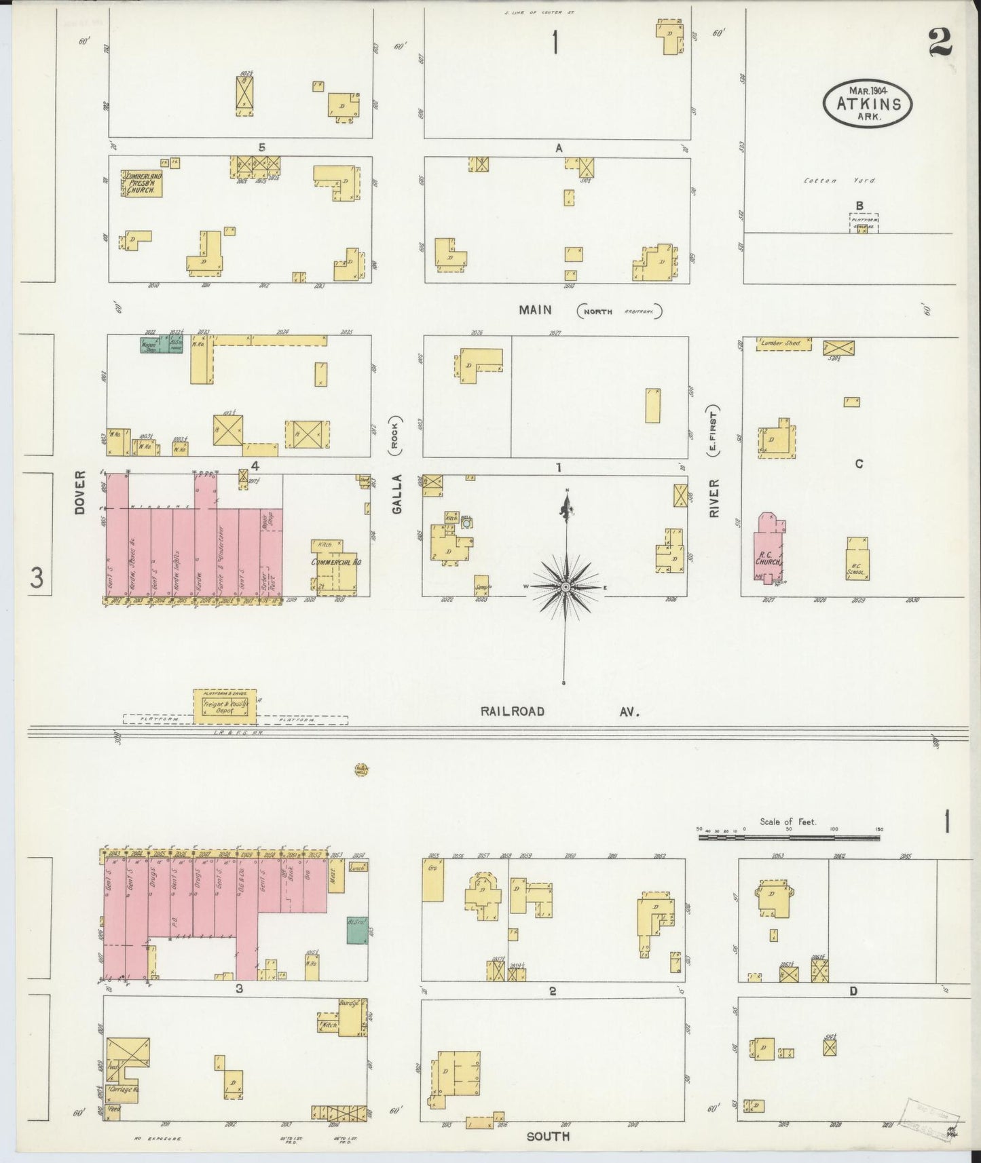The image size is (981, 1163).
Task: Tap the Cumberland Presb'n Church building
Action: point(142,183)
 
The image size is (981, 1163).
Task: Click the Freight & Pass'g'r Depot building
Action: point(225,706)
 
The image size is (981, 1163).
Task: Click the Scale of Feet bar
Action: point(789,838)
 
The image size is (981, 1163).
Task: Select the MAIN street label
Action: point(535,310)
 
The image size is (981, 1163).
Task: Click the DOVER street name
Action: point(80,491)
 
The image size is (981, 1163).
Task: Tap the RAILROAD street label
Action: point(513,711)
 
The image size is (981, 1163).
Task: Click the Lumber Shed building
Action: point(784,344)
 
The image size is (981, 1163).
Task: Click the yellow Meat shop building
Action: point(335,880)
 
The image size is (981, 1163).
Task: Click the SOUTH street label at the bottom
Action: point(548,1136)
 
